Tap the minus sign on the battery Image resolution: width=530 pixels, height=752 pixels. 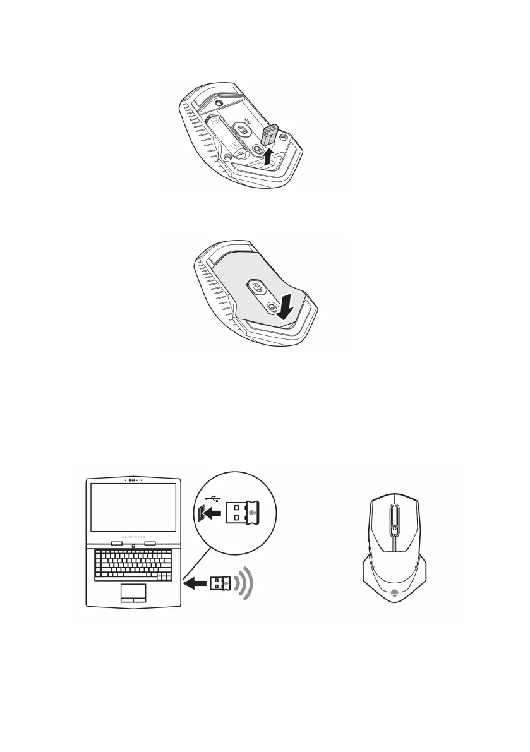[215, 118]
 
